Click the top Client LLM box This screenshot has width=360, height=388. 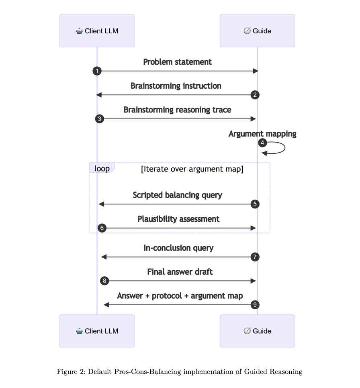pos(97,31)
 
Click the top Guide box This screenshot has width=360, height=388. pos(257,31)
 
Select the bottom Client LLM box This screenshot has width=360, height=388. pos(97,331)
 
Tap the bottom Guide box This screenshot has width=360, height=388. pos(257,331)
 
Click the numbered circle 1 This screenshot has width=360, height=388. pos(97,71)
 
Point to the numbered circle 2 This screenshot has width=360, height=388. pos(255,95)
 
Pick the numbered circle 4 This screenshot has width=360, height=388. pos(262,143)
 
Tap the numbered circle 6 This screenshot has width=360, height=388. pos(102,228)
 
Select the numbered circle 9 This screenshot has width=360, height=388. pos(255,305)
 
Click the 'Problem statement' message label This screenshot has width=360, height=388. pos(177,62)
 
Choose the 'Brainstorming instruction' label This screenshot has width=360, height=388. pos(176,86)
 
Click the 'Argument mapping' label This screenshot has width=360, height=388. pos(262,134)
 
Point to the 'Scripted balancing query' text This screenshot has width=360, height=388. pos(177,195)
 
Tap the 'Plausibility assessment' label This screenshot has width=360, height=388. pos(178,219)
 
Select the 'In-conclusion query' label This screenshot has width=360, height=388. pos(178,248)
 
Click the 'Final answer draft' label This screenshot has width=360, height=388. pos(180,272)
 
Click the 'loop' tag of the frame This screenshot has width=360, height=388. pos(102,168)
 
